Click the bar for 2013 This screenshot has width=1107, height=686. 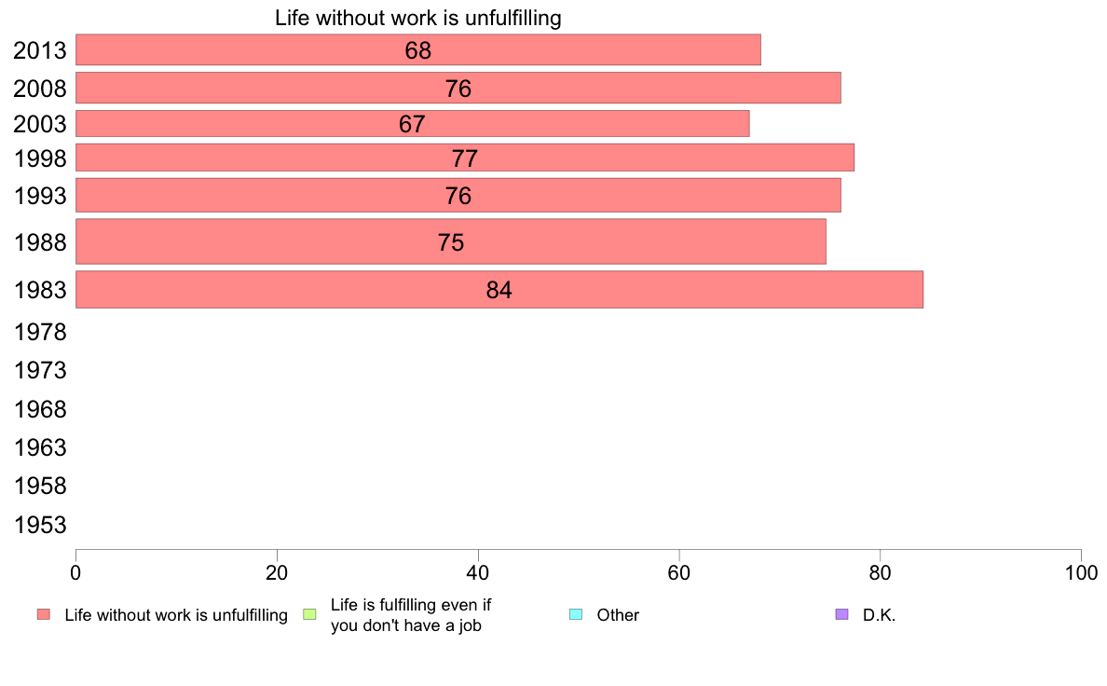pos(417,50)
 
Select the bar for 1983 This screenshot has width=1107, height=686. pos(499,290)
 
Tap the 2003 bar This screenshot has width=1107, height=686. pos(412,124)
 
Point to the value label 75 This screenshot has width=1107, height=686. pos(451,243)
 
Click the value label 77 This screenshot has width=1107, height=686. pos(465,158)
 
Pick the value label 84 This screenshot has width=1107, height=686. pos(499,291)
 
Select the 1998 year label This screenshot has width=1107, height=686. pos(40,159)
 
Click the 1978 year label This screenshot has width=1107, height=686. pos(40,332)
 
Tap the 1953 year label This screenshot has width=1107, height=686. pos(40,526)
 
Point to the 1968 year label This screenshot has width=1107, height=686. pos(40,409)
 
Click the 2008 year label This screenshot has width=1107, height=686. pos(40,89)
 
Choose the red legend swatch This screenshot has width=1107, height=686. pos(43,614)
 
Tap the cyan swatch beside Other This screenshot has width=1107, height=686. pos(575,614)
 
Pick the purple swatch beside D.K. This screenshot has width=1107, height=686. pos(842,614)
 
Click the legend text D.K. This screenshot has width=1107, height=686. pos(879,615)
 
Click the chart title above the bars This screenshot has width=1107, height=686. pos(417,19)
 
